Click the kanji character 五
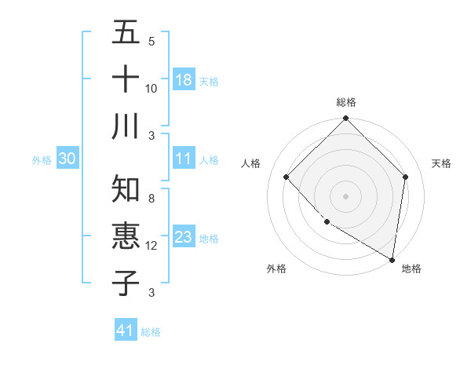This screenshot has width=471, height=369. coord(126,34)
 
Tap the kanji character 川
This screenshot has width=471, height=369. coord(126,126)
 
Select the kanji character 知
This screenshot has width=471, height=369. coord(126,189)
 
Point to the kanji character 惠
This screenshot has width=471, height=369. coord(126,236)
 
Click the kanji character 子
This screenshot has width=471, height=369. coord(126,282)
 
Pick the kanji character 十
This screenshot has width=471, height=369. coord(126,79)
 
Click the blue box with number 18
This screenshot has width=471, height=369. coord(184,79)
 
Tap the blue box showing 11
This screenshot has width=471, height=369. coord(184,159)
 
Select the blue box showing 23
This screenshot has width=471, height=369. coord(184,236)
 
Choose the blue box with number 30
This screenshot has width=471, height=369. coord(68,159)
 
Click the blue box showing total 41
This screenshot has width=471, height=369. coord(126,331)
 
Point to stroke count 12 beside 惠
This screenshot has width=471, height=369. coord(152,246)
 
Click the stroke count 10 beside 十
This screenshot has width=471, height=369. coord(152,88)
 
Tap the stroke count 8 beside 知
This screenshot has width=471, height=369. coord(152,199)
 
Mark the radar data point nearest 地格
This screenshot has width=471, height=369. coord(392,259)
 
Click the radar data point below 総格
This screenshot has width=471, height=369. coord(345,119)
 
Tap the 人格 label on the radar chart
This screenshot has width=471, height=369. coord(251,163)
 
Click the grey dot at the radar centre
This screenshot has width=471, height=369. coord(345,195)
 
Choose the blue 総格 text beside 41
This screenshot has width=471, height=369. coord(151,332)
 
